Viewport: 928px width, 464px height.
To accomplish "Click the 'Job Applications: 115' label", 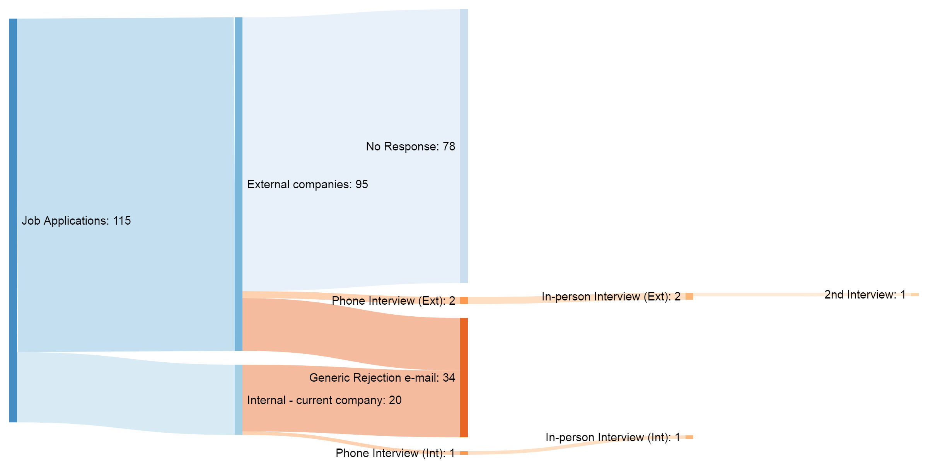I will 76,221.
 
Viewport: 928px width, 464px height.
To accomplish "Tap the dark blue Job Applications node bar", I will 13,220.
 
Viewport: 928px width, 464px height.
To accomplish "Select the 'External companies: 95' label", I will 307,184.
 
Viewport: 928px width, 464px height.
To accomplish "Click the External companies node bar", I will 239,184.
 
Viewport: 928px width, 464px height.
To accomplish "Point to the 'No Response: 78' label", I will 410,147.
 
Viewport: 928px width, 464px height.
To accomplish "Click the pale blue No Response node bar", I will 464,146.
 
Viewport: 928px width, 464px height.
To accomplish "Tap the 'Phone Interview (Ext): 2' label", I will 393,301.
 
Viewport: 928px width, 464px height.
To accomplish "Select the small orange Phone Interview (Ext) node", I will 464,300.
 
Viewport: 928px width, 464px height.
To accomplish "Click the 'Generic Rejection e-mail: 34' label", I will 382,378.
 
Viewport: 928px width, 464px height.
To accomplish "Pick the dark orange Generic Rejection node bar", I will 464,377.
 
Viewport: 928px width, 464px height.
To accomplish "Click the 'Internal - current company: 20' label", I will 324,400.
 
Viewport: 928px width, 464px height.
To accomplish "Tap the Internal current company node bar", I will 239,400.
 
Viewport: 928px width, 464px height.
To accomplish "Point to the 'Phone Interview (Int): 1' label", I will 395,453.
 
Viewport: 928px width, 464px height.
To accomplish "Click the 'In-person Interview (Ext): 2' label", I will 611,297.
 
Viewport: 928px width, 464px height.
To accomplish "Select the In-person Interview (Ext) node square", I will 689,296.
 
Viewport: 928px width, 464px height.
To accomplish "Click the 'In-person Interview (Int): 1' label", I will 612,437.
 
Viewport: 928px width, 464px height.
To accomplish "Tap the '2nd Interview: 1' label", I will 865,295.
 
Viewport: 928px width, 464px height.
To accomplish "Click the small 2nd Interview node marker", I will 914,295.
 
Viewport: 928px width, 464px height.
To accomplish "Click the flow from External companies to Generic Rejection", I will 348,333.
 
